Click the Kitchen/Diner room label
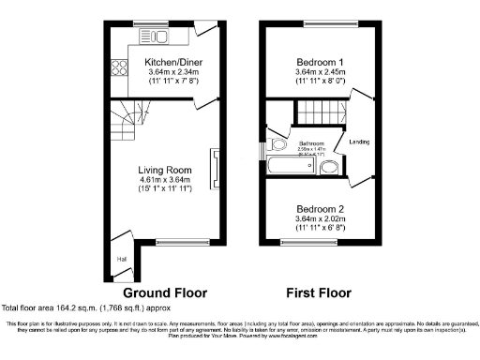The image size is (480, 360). pyautogui.click(x=167, y=62)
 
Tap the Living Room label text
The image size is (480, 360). pyautogui.click(x=165, y=170)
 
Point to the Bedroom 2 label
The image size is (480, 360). pyautogui.click(x=321, y=208)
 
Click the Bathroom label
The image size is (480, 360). pyautogui.click(x=312, y=142)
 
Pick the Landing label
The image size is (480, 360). pyautogui.click(x=359, y=142)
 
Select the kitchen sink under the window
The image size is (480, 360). pyautogui.click(x=154, y=37)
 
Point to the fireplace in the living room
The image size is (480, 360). pyautogui.click(x=215, y=169)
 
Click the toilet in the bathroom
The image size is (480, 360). pyautogui.click(x=277, y=145)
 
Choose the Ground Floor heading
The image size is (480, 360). pyautogui.click(x=165, y=292)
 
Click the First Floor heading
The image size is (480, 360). pyautogui.click(x=321, y=292)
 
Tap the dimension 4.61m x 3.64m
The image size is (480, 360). pyautogui.click(x=165, y=180)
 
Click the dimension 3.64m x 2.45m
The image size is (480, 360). pyautogui.click(x=321, y=71)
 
